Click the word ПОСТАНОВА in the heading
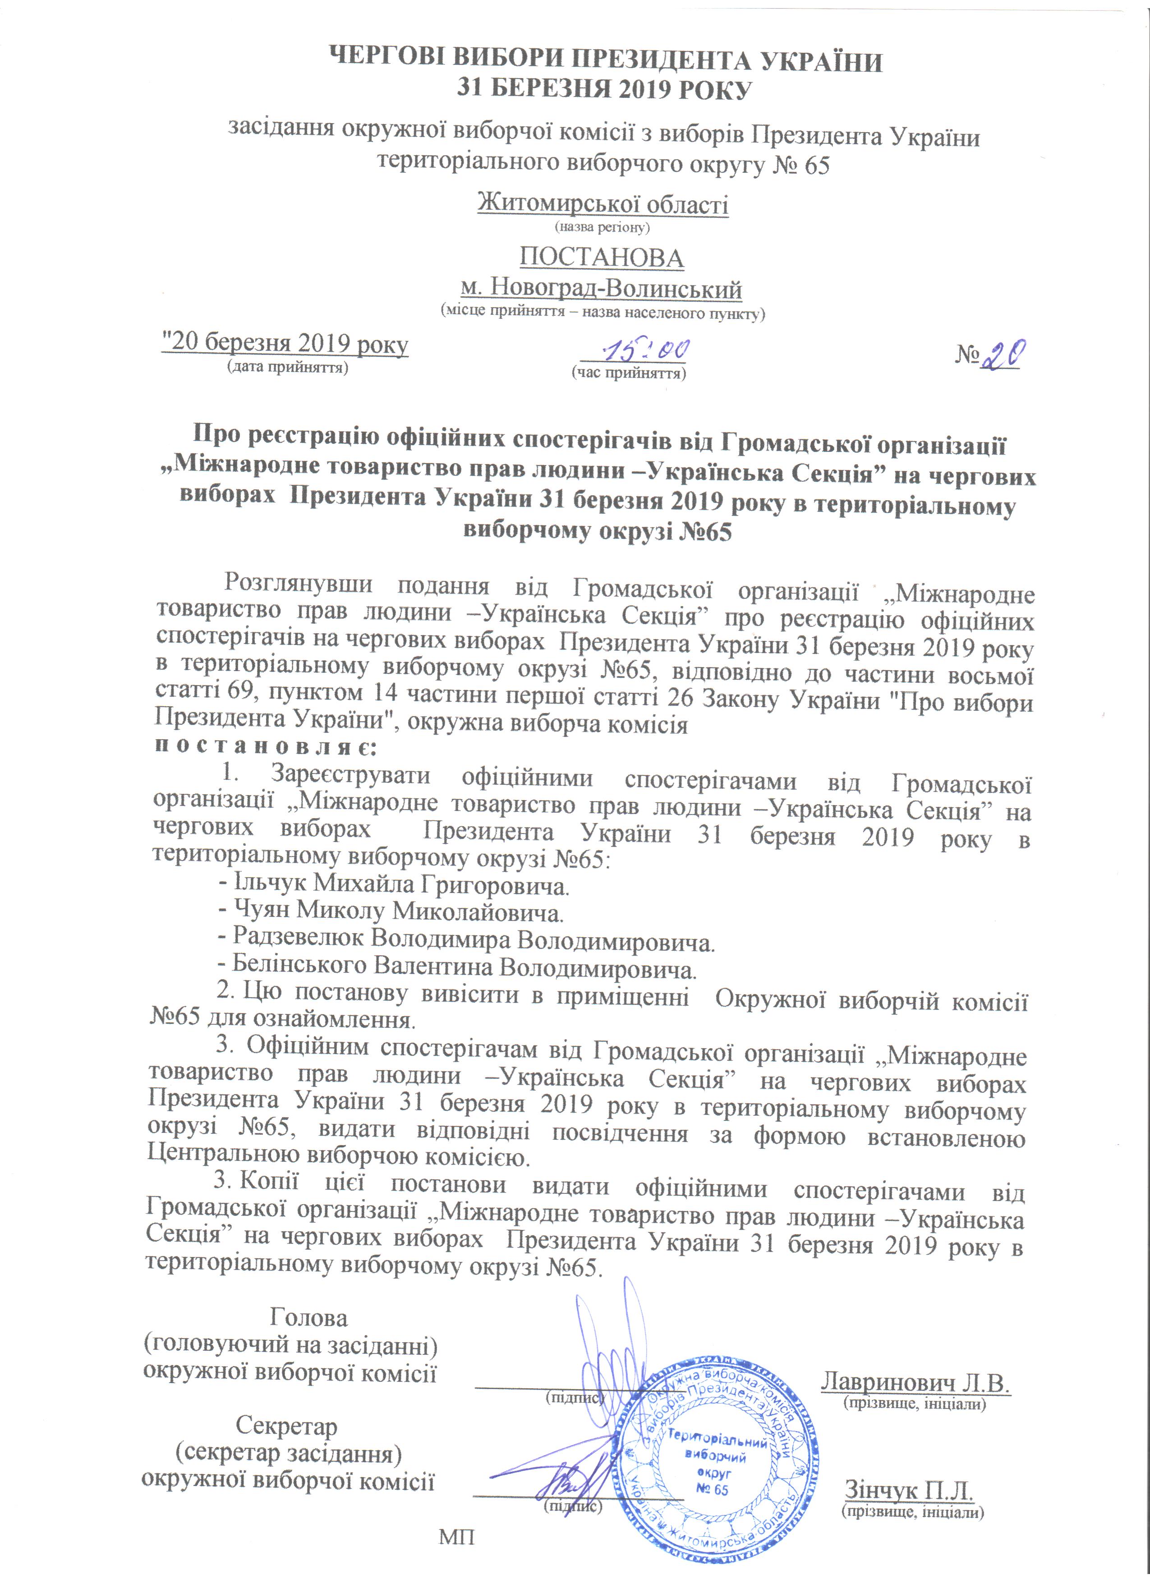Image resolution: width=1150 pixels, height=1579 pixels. (x=602, y=258)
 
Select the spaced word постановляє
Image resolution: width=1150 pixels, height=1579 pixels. (x=265, y=748)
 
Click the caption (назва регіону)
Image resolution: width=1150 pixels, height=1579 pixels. (x=602, y=227)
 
